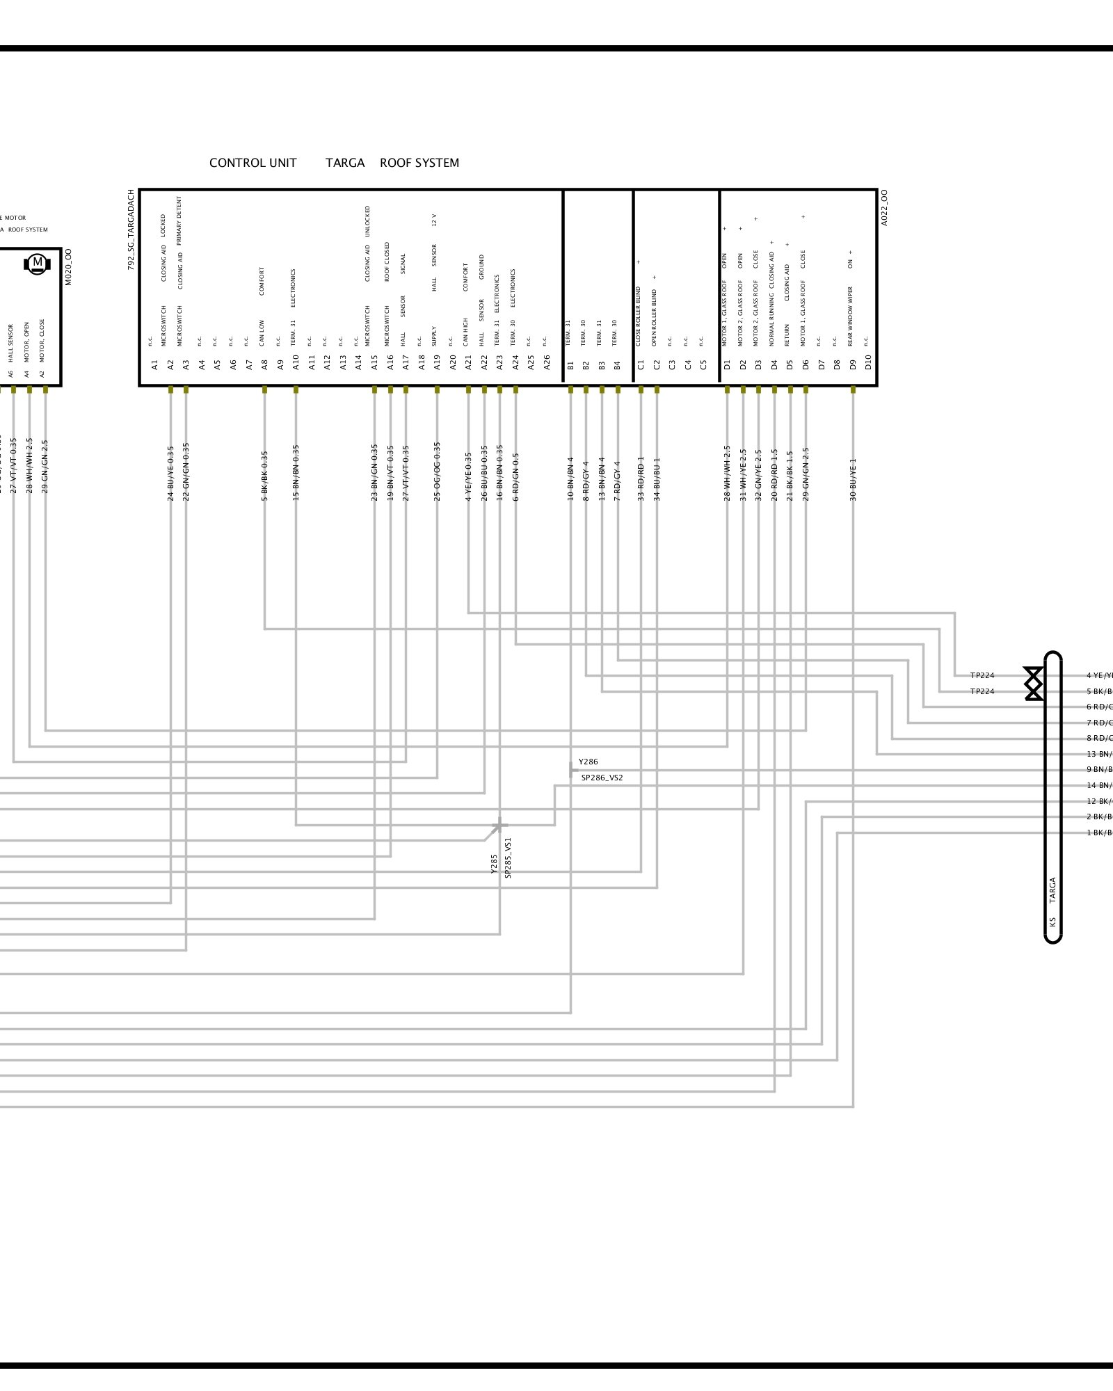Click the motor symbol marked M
click(38, 263)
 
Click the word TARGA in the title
click(345, 163)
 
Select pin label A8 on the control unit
click(264, 364)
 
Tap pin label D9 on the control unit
click(853, 364)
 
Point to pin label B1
click(570, 364)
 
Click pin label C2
click(657, 364)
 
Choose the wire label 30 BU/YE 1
click(853, 479)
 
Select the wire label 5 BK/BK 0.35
click(264, 476)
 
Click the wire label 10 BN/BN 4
click(570, 479)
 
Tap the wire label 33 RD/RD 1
click(641, 479)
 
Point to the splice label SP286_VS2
click(602, 778)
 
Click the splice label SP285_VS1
click(508, 858)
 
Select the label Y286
click(588, 762)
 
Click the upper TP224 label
click(982, 675)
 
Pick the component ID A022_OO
click(885, 207)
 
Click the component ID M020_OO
click(68, 267)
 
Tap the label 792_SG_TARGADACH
click(131, 230)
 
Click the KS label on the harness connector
click(1052, 922)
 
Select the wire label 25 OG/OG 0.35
click(437, 471)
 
